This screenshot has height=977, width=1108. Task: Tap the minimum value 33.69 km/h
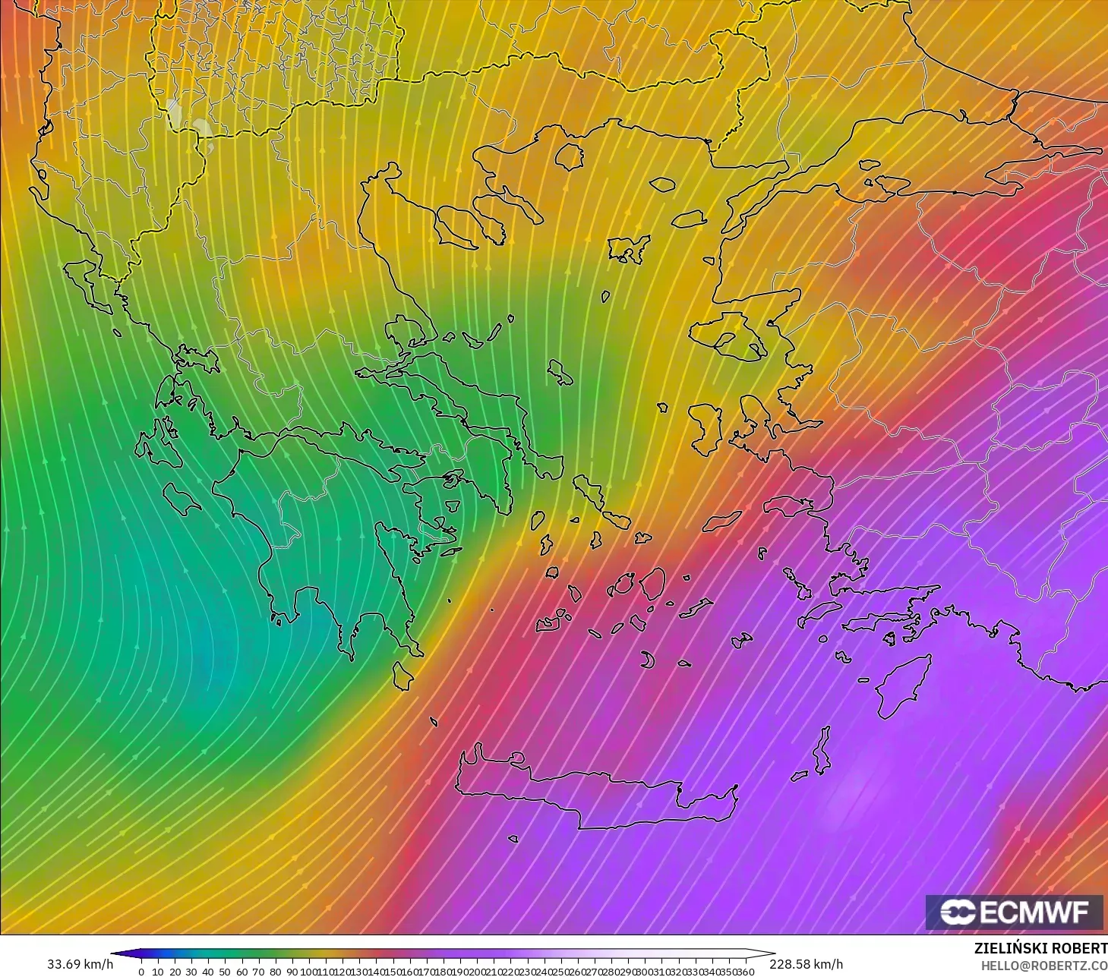[x=80, y=964]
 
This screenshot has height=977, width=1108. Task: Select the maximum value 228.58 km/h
[x=806, y=964]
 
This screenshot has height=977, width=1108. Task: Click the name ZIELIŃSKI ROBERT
[x=1040, y=948]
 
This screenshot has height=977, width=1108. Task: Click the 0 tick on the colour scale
[x=141, y=972]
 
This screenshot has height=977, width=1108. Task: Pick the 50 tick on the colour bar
[x=225, y=972]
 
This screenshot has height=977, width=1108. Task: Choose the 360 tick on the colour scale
[x=746, y=972]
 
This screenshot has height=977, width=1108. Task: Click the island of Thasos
[x=569, y=156]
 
